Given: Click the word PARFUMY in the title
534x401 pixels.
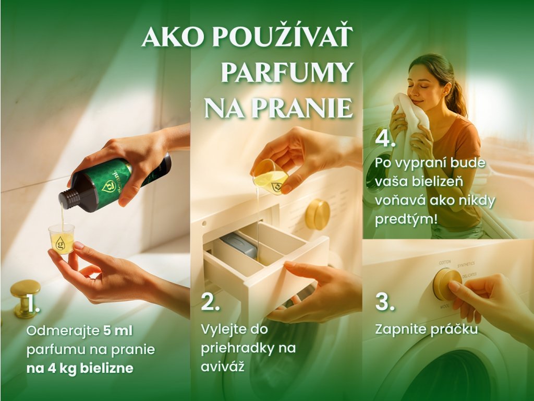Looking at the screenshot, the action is tap(287, 73).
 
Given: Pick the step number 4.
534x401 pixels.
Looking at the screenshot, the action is tap(385, 138).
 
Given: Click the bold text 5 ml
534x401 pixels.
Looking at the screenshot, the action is tap(118, 331).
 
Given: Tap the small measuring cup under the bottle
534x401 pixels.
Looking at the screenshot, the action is tap(62, 239).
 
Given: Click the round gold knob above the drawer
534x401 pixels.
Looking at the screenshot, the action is tap(318, 215).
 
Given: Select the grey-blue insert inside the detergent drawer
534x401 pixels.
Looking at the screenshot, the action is tap(239, 246).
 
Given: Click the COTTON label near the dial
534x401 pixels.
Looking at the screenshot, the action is tap(444, 262).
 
